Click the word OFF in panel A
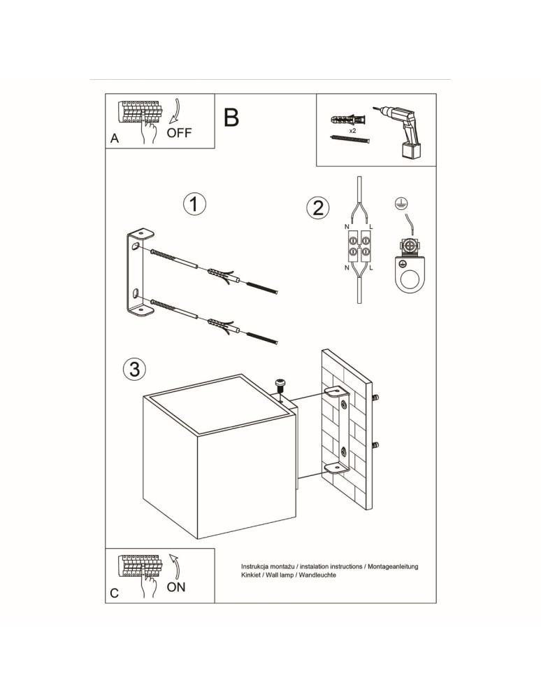click(179, 133)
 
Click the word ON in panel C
click(176, 587)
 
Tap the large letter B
click(231, 118)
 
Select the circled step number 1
click(194, 204)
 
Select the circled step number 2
click(317, 208)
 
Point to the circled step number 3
click(134, 368)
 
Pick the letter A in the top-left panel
click(115, 139)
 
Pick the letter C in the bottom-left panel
click(115, 594)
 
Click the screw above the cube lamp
click(280, 386)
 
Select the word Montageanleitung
click(391, 566)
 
